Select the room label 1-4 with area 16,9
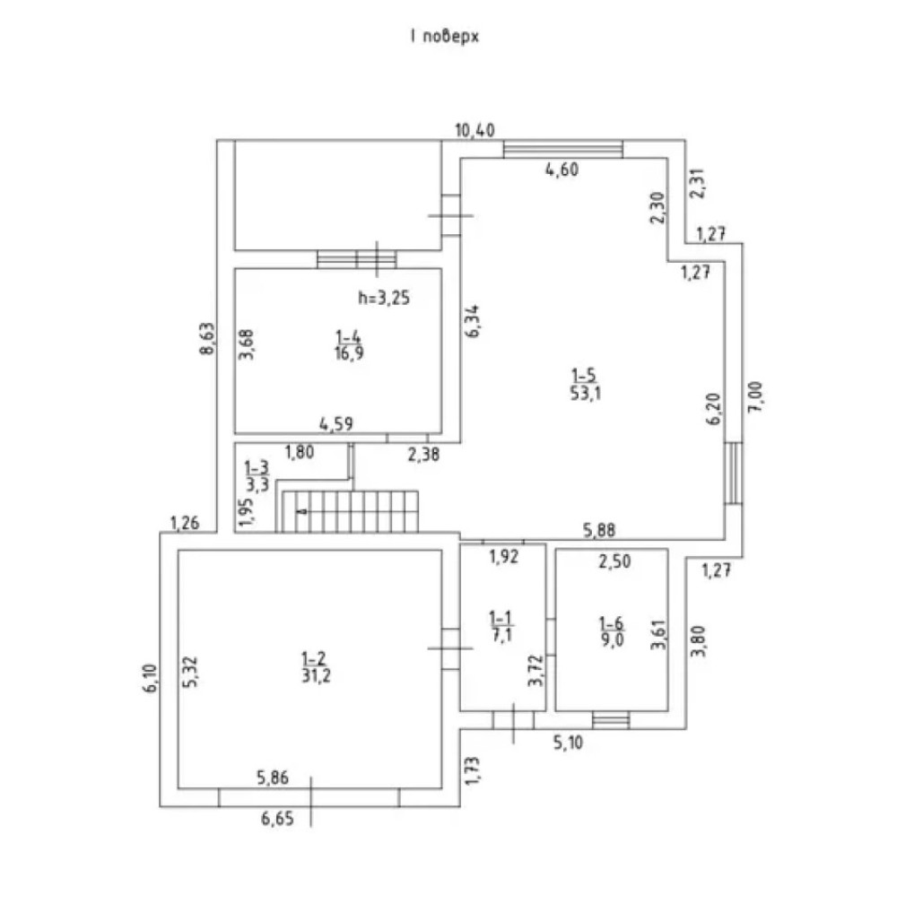coord(347,343)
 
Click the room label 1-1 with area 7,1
coord(501,624)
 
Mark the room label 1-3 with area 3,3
coord(257,477)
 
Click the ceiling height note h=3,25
coord(384,300)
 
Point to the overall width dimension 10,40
coord(475,131)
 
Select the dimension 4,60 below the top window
coord(562,171)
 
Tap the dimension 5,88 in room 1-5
coord(601,530)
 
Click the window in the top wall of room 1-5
coord(562,149)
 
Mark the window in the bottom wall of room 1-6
coord(611,717)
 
